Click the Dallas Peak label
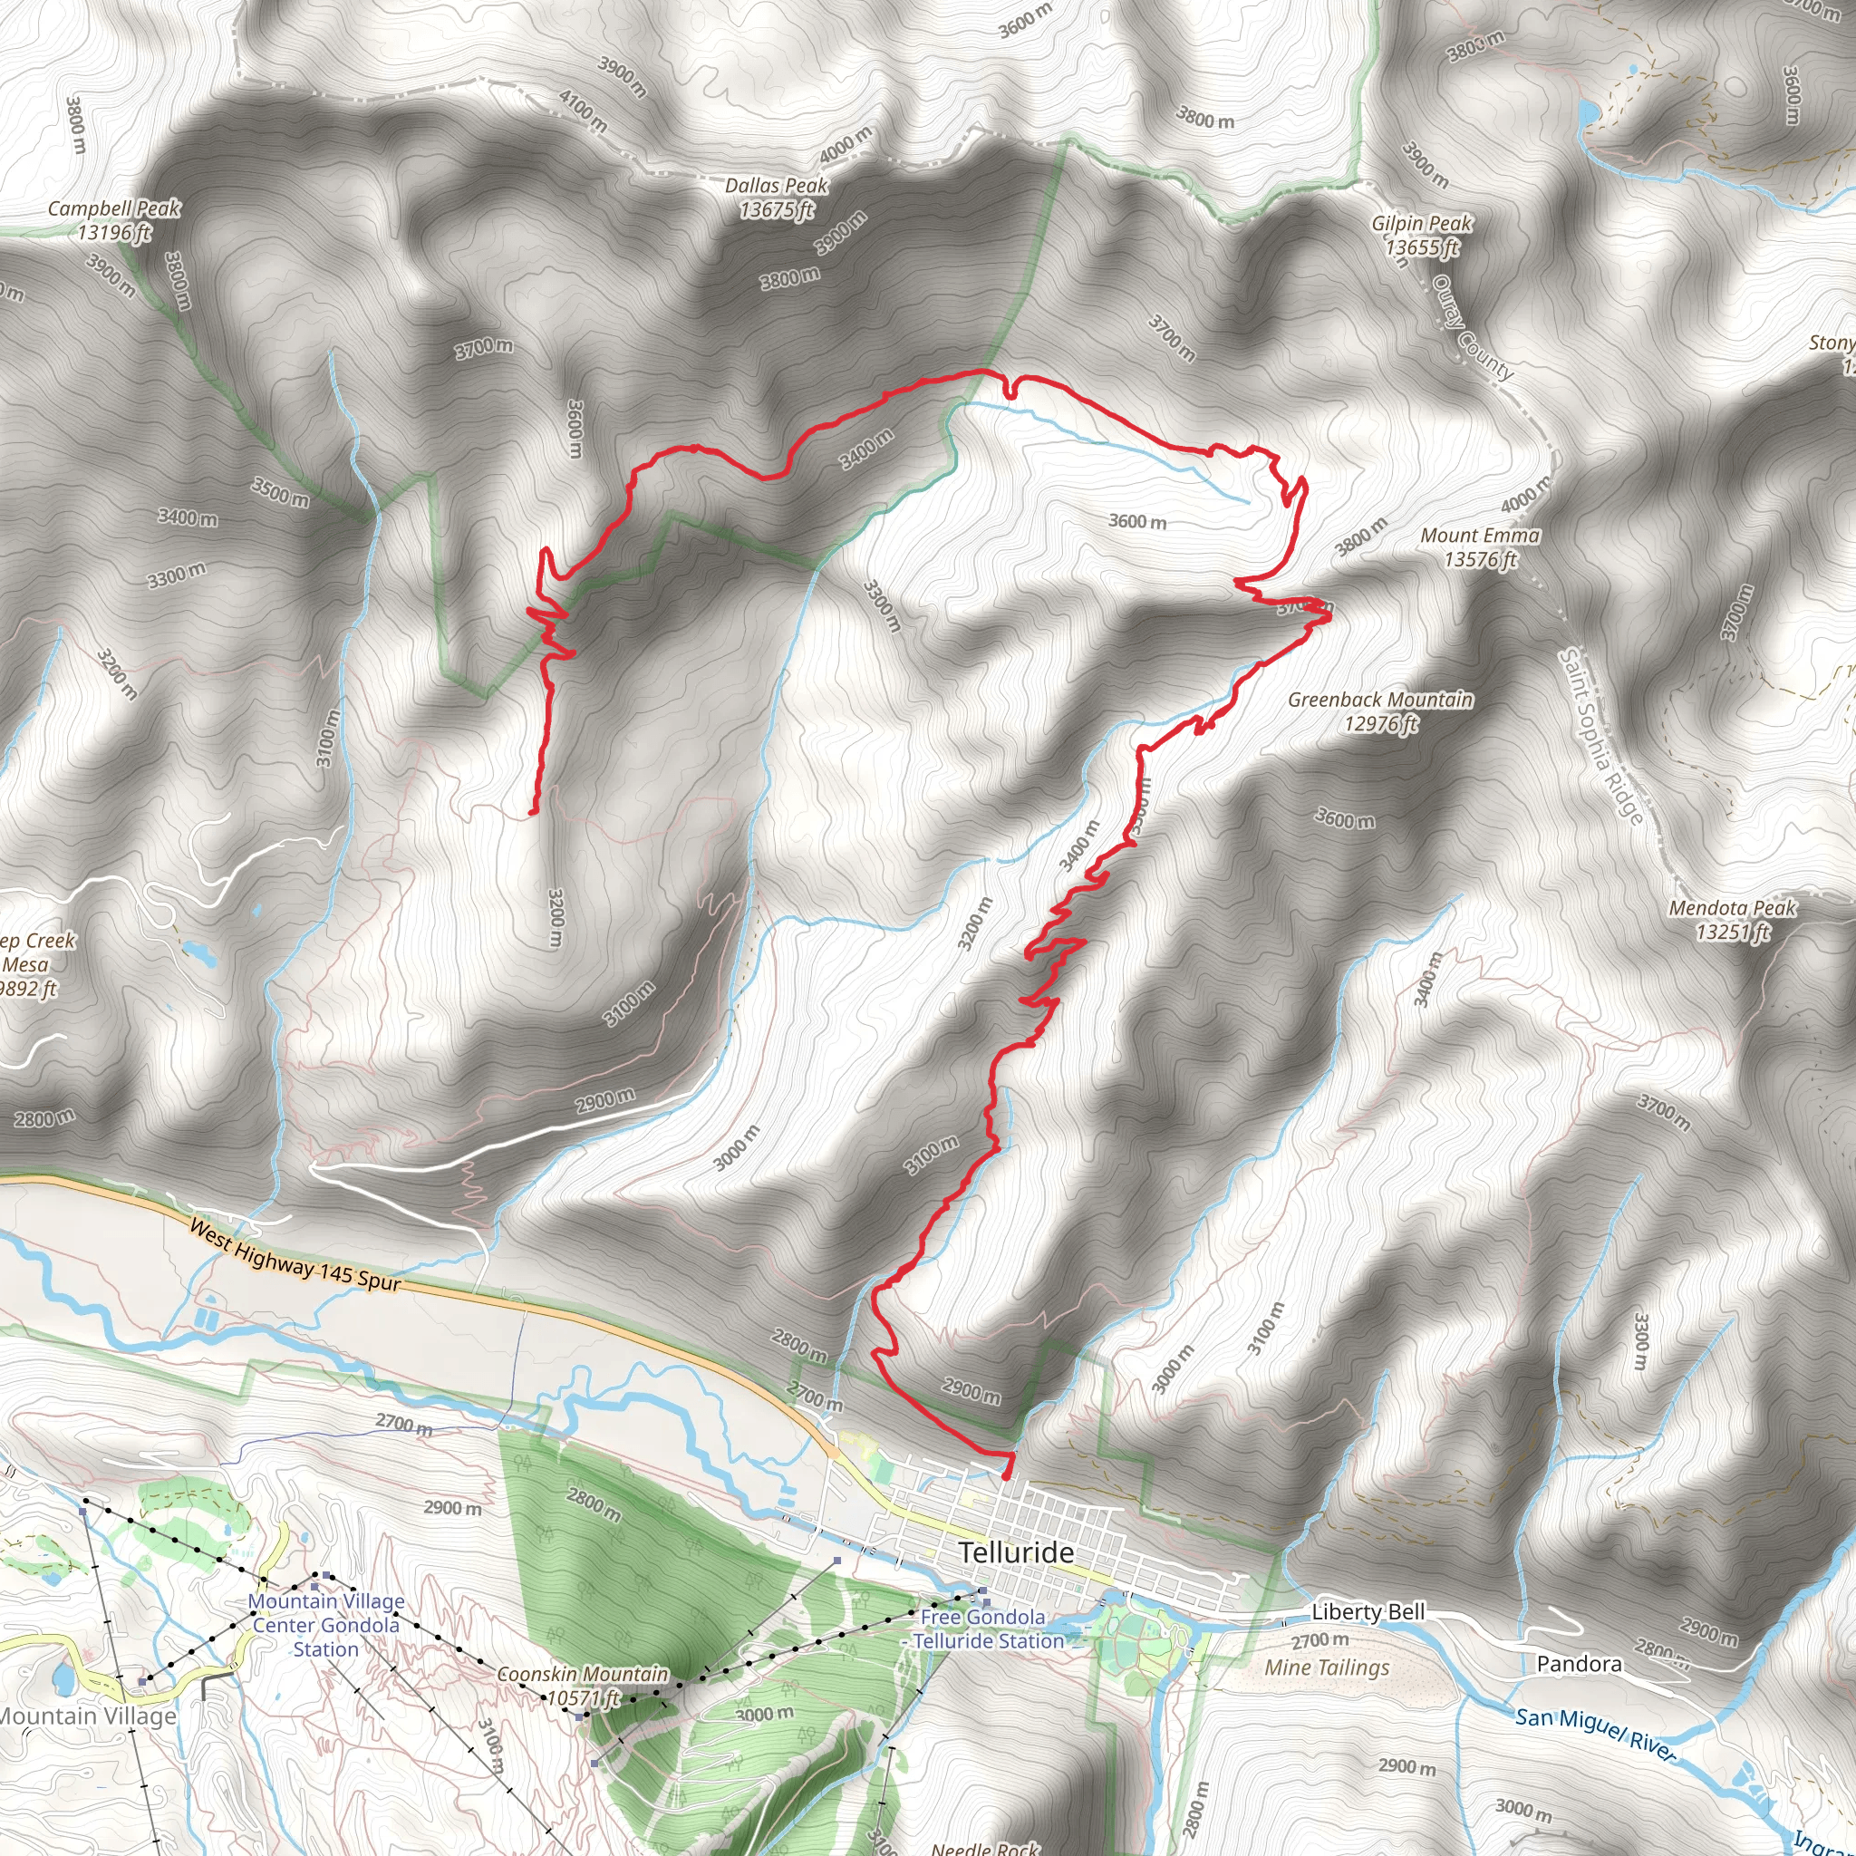pyautogui.click(x=777, y=198)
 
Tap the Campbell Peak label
pyautogui.click(x=114, y=220)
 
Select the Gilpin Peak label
pyautogui.click(x=1422, y=236)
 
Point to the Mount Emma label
pyautogui.click(x=1481, y=547)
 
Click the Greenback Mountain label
pyautogui.click(x=1380, y=711)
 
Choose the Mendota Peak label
pyautogui.click(x=1732, y=919)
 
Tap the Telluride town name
pyautogui.click(x=1017, y=1553)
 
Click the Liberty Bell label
pyautogui.click(x=1368, y=1612)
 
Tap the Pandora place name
pyautogui.click(x=1579, y=1664)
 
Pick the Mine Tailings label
pyautogui.click(x=1327, y=1667)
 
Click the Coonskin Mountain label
pyautogui.click(x=582, y=1686)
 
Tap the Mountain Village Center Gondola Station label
pyautogui.click(x=325, y=1626)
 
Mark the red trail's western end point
pyautogui.click(x=532, y=813)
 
